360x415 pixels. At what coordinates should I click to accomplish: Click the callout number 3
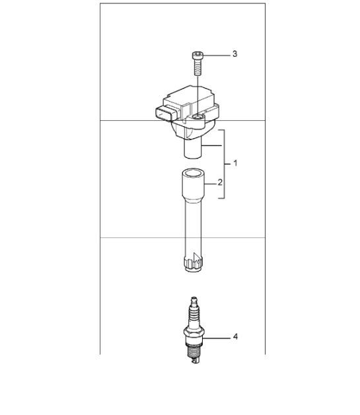pos(234,55)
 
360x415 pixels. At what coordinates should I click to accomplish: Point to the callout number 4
pos(234,337)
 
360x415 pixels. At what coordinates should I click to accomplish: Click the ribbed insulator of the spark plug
pos(194,316)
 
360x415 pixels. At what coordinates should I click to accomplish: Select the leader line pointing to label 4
pos(218,337)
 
